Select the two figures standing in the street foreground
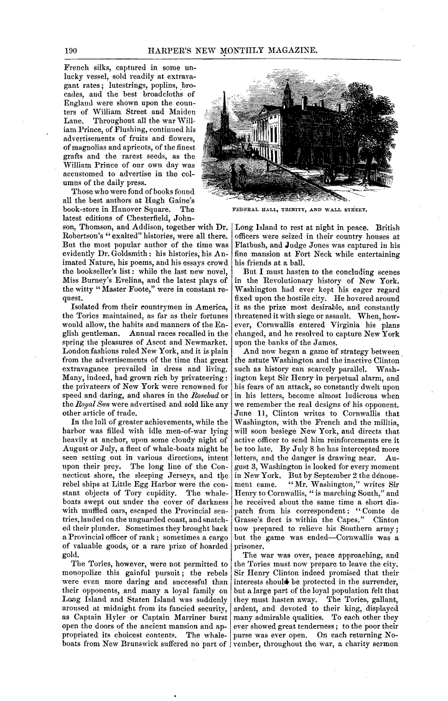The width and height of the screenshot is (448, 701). pyautogui.click(x=237, y=174)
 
